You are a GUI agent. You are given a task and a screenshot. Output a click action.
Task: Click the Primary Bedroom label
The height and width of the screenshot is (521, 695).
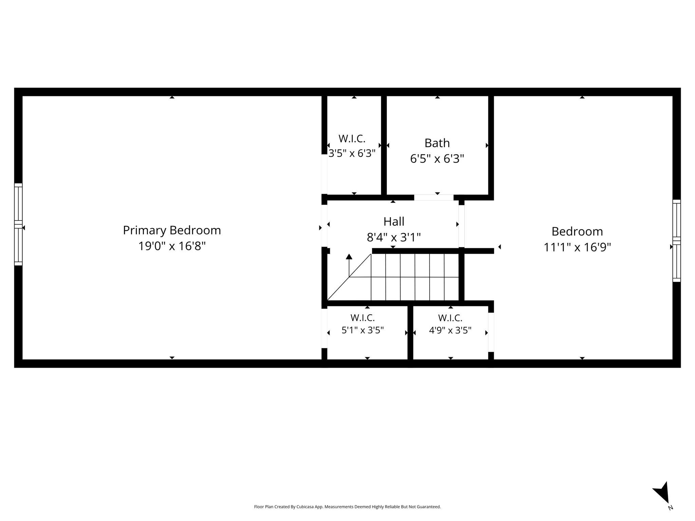(x=172, y=230)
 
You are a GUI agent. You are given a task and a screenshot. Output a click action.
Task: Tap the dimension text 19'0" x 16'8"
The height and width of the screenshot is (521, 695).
(x=172, y=246)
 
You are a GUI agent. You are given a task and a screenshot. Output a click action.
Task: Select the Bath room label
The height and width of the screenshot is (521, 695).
(x=437, y=143)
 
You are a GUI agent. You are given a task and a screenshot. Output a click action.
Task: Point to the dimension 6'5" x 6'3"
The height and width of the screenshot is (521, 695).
(x=437, y=159)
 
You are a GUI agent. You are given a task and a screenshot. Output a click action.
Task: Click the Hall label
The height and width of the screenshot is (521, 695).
(x=394, y=221)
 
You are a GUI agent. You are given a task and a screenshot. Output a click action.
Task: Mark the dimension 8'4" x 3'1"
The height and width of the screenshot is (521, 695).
(x=394, y=237)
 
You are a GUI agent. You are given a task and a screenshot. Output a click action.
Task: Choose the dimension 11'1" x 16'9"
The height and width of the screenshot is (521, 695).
(x=577, y=247)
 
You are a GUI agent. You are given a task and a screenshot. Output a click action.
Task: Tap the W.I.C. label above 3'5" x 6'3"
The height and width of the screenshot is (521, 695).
(x=352, y=138)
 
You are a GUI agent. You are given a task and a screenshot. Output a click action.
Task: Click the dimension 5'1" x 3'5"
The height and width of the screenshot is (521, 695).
(x=362, y=330)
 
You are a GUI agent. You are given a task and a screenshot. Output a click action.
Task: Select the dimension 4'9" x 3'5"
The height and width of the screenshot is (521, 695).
(x=450, y=330)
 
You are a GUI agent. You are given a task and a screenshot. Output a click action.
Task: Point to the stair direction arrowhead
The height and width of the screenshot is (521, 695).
(x=349, y=256)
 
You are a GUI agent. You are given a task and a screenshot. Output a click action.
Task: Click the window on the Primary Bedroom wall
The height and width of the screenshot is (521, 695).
(x=18, y=224)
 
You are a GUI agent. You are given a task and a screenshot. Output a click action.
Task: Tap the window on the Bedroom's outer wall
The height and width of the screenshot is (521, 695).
(x=677, y=241)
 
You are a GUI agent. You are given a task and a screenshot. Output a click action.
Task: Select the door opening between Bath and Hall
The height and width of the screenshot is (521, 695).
(x=434, y=197)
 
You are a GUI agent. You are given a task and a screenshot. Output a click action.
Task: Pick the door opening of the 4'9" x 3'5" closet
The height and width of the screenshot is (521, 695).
(x=491, y=332)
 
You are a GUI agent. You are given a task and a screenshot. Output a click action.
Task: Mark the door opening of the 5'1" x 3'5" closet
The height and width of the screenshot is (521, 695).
(x=324, y=328)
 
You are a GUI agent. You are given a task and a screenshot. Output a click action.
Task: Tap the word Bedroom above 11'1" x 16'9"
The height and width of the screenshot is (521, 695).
(x=577, y=231)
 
